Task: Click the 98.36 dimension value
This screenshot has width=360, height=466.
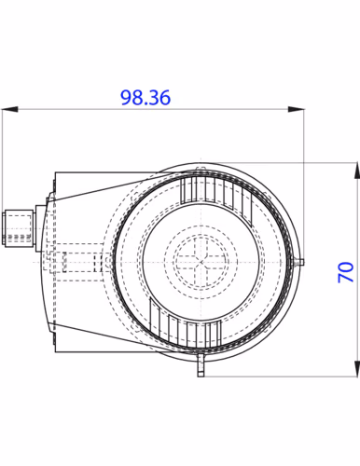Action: [145, 98]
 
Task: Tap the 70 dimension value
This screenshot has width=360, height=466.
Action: [346, 272]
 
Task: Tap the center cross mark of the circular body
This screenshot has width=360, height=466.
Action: [201, 261]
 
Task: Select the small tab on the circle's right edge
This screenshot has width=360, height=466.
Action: [301, 262]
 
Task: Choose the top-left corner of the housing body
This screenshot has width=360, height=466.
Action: [55, 171]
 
